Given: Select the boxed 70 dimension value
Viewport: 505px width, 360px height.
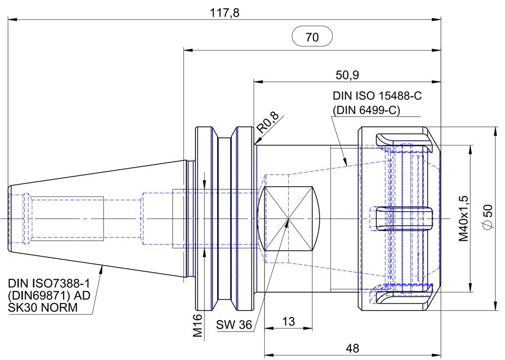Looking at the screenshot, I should pos(312,37).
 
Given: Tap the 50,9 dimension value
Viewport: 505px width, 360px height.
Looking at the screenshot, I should pos(347,75).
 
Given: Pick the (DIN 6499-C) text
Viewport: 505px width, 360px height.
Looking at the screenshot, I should pos(366,110).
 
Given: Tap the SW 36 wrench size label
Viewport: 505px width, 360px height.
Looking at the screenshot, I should pos(234,325).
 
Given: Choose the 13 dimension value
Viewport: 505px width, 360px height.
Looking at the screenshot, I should pos(288,322).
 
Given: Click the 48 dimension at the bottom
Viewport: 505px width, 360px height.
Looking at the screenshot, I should pos(352,348).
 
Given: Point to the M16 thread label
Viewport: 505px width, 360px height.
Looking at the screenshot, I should pos(197,325).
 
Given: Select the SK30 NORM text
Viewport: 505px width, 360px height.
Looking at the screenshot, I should pos(43,307).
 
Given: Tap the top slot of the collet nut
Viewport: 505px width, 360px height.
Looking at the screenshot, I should pos(404,141).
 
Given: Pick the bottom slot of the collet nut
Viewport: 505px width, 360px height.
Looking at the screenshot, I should pos(404,295).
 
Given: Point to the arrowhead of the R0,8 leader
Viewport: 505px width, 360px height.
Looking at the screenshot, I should pos(257,144).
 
